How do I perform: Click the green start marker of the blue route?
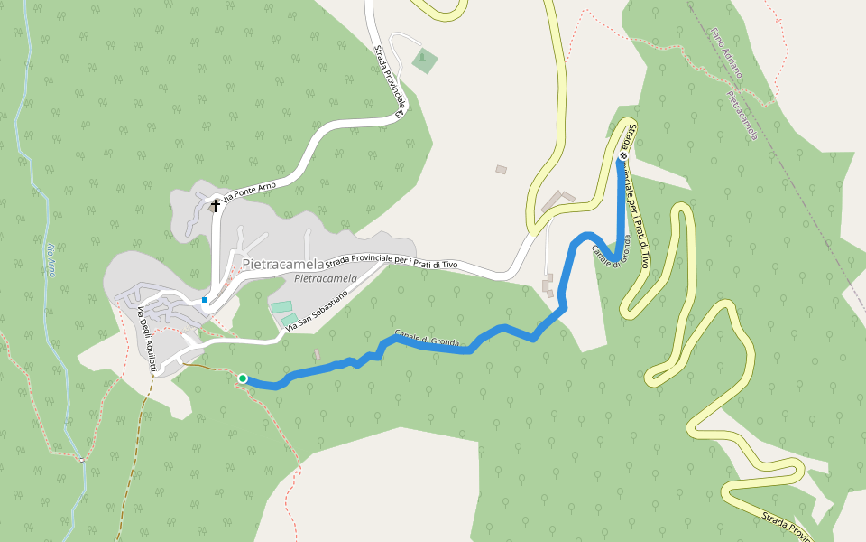point(243,378)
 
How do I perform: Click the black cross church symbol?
point(215,206)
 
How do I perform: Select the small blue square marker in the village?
point(205,300)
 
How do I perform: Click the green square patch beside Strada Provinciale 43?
point(424,61)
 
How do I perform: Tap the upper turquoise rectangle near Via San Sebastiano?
point(281,307)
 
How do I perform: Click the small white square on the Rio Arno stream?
point(81,460)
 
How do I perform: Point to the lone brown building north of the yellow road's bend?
point(501,169)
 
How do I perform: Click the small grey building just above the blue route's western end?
point(316,354)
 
